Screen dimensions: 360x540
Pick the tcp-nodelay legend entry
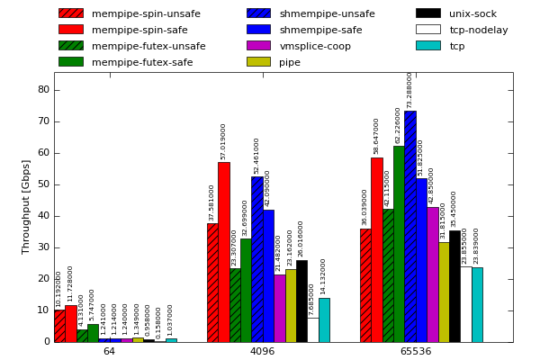coord(478,30)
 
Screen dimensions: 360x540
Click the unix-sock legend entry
coord(472,13)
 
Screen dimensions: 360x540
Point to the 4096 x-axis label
coord(262,351)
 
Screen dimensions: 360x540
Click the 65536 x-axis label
coord(416,351)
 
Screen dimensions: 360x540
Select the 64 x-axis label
coord(109,351)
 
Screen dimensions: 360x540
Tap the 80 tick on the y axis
coord(43,90)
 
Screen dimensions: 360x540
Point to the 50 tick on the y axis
coord(43,184)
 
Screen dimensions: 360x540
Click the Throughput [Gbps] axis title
coord(26,207)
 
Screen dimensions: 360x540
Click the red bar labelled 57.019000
coord(223,252)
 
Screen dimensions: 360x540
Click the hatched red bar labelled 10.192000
coord(59,326)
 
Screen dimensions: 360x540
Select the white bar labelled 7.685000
coord(312,329)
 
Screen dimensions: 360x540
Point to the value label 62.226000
coord(398,125)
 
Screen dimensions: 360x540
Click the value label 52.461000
coord(256,156)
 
